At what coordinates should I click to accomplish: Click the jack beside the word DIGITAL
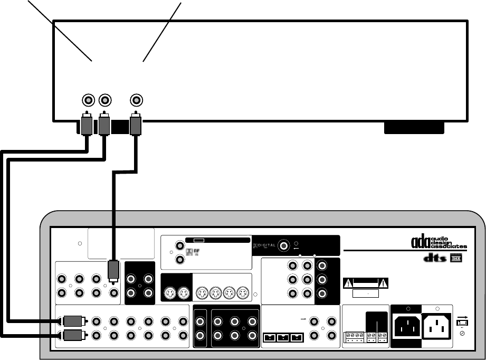pyautogui.click(x=284, y=245)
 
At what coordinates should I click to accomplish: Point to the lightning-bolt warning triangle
pyautogui.click(x=349, y=282)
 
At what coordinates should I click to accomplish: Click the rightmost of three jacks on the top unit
pyautogui.click(x=137, y=100)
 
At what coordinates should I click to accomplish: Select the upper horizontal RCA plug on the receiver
pyautogui.click(x=72, y=320)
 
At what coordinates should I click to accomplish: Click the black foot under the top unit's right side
pyautogui.click(x=414, y=129)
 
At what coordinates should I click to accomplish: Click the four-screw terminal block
pyautogui.click(x=352, y=336)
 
